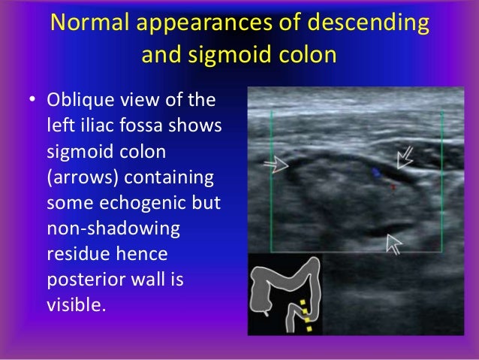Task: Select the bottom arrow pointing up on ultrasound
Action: [x=392, y=243]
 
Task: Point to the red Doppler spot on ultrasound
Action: [x=393, y=186]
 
